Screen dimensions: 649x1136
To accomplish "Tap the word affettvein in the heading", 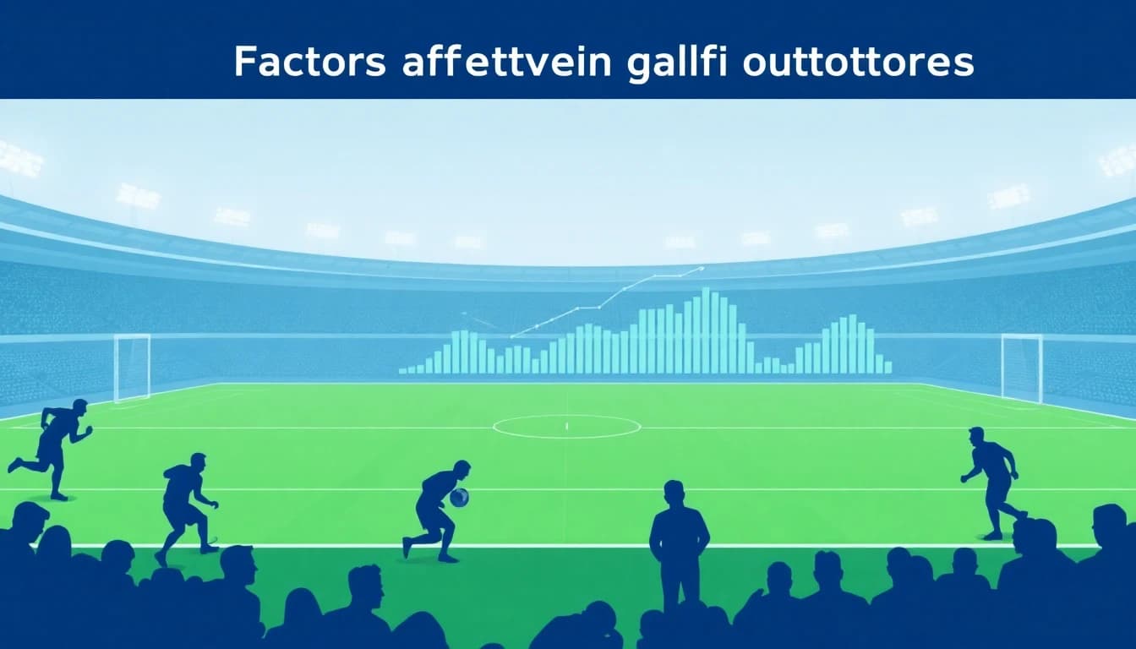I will pyautogui.click(x=505, y=63).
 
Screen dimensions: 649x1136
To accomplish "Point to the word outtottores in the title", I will pyautogui.click(x=858, y=63).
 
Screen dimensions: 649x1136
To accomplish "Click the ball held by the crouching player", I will pyautogui.click(x=459, y=498).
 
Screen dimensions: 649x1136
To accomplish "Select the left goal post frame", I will pyautogui.click(x=132, y=367).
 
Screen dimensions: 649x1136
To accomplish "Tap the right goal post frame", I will pyautogui.click(x=1021, y=367).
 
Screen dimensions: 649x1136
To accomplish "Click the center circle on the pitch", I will pyautogui.click(x=566, y=426).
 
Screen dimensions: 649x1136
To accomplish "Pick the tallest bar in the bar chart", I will pyautogui.click(x=705, y=330).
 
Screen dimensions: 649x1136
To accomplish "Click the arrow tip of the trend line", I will pyautogui.click(x=701, y=269).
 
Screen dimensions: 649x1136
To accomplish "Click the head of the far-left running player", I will pyautogui.click(x=79, y=407).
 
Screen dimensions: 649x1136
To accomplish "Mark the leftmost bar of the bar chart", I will pyautogui.click(x=403, y=370).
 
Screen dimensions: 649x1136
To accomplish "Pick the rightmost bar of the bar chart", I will pyautogui.click(x=887, y=368).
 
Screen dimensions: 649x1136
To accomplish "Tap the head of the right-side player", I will pyautogui.click(x=976, y=436).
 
